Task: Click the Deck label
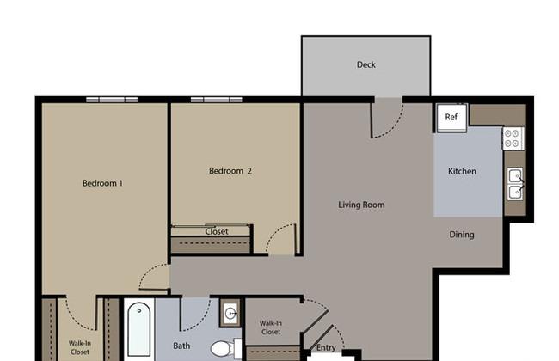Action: point(365,64)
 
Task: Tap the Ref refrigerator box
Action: point(451,117)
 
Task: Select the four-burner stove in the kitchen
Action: point(513,138)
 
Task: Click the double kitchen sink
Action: point(515,184)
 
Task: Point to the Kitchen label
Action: point(462,171)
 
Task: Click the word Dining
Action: point(462,235)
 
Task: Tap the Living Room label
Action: point(361,205)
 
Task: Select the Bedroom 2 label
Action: point(230,171)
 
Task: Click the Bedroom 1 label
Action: point(102,183)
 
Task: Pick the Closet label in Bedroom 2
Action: point(217,231)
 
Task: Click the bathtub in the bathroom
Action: point(139,329)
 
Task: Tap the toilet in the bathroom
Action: point(225,348)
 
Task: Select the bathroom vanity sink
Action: point(230,314)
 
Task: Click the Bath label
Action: point(181,346)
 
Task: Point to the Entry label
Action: point(326,348)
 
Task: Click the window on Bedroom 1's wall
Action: point(112,100)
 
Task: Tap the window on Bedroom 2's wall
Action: point(217,100)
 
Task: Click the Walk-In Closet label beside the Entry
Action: point(271,327)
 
